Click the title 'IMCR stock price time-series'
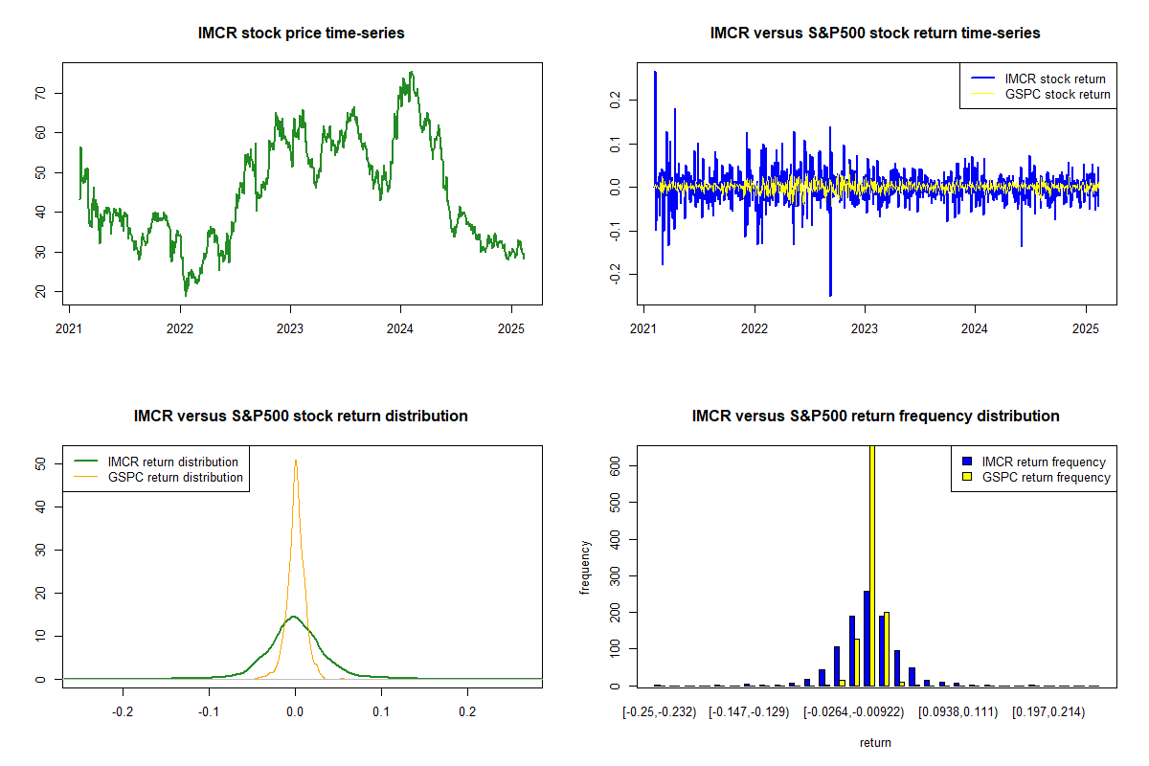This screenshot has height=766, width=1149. coord(301,34)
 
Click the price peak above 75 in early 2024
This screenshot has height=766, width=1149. coord(411,72)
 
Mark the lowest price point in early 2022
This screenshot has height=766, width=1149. coord(186,295)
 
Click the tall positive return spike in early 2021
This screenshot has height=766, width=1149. coord(655,72)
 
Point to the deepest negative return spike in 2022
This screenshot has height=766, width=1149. coord(830,295)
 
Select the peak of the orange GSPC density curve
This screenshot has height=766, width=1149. coord(296,461)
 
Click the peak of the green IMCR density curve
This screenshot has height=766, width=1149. coord(294,617)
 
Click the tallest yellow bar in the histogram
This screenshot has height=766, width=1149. coord(871,565)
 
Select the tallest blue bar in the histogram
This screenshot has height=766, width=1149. coord(866,638)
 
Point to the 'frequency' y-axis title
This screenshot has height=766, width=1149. coord(585,567)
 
